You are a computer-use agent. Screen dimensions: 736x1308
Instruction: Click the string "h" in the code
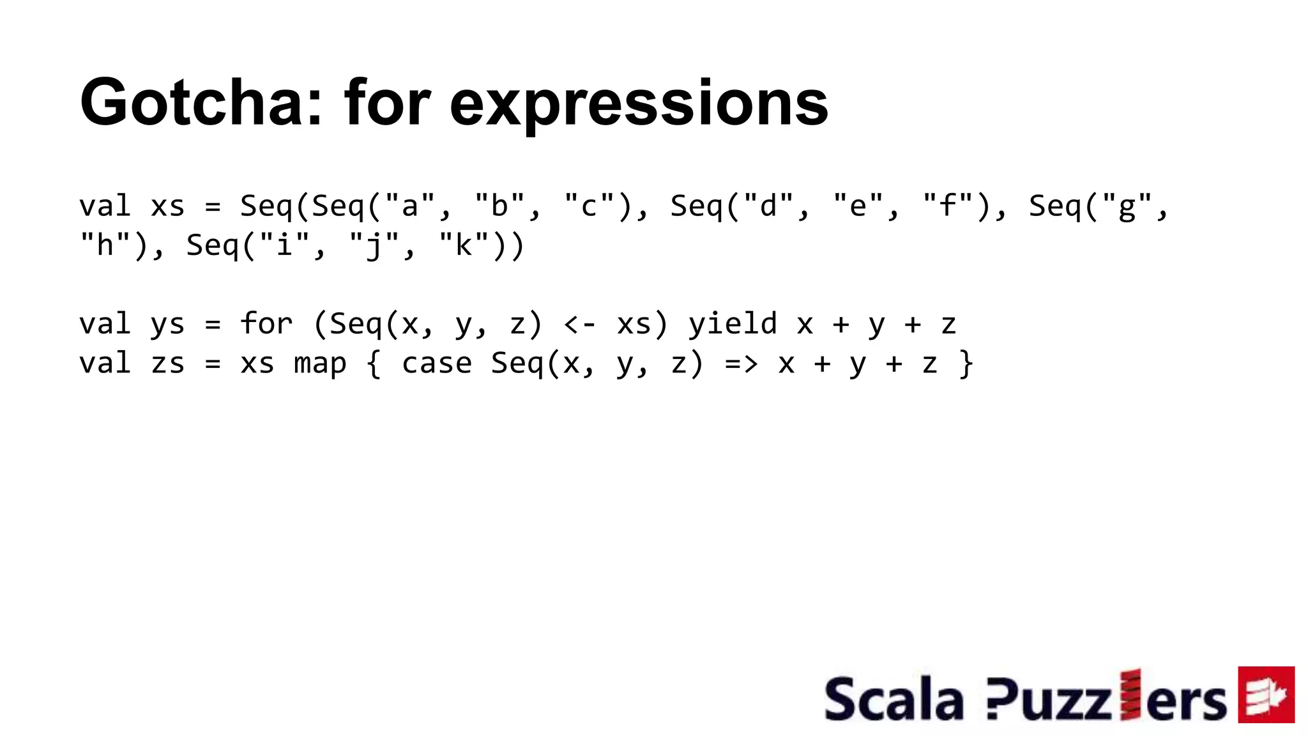pyautogui.click(x=105, y=246)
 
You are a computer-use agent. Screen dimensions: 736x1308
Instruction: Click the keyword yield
pyautogui.click(x=733, y=324)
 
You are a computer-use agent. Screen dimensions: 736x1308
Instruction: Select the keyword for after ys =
pyautogui.click(x=266, y=324)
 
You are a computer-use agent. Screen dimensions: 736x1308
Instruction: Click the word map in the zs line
pyautogui.click(x=320, y=364)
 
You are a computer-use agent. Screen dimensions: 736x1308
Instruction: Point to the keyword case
pyautogui.click(x=437, y=364)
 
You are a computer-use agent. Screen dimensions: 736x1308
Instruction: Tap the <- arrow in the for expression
pyautogui.click(x=580, y=325)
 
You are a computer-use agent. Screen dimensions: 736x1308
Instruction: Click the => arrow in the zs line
pyautogui.click(x=741, y=364)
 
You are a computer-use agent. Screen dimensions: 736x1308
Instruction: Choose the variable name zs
pyautogui.click(x=167, y=364)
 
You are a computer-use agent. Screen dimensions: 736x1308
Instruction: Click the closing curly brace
pyautogui.click(x=966, y=364)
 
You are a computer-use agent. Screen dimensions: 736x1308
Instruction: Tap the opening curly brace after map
pyautogui.click(x=374, y=364)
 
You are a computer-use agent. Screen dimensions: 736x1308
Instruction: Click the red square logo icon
pyautogui.click(x=1266, y=694)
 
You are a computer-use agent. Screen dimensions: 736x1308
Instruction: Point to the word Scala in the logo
pyautogui.click(x=894, y=700)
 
